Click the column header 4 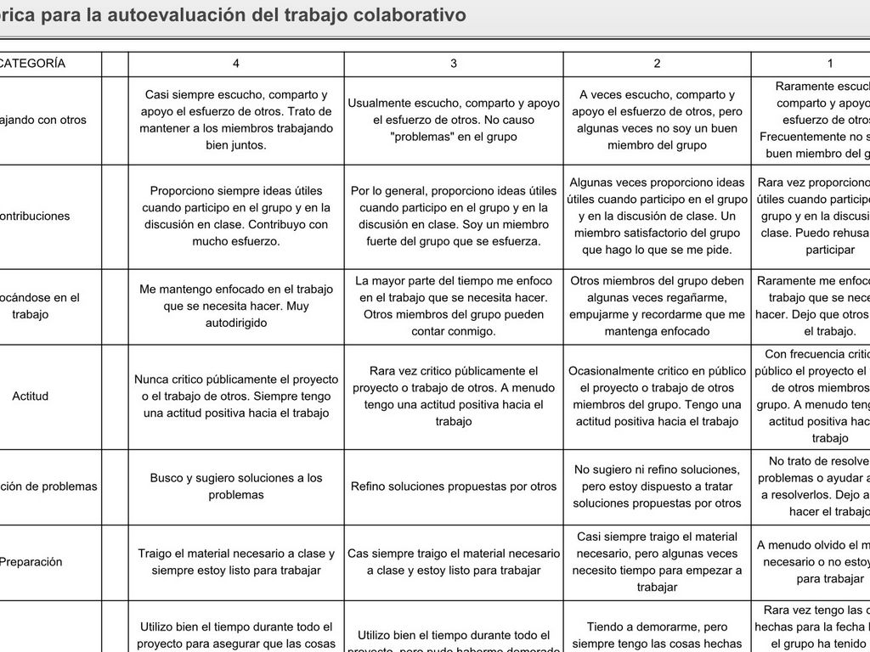pyautogui.click(x=236, y=64)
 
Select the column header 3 pyautogui.click(x=454, y=64)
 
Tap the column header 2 pyautogui.click(x=657, y=64)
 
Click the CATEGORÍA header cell pyautogui.click(x=32, y=64)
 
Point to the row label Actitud pyautogui.click(x=31, y=396)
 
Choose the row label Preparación pyautogui.click(x=31, y=562)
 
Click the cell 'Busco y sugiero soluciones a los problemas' pyautogui.click(x=236, y=486)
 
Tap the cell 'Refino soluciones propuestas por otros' pyautogui.click(x=454, y=486)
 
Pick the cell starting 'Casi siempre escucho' pyautogui.click(x=236, y=120)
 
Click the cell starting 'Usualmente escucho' pyautogui.click(x=454, y=120)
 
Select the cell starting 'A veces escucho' pyautogui.click(x=657, y=120)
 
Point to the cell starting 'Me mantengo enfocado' pyautogui.click(x=236, y=306)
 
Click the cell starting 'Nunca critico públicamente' pyautogui.click(x=236, y=396)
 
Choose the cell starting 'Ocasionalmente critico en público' pyautogui.click(x=657, y=396)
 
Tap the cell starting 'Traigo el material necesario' pyautogui.click(x=236, y=562)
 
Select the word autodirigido pyautogui.click(x=236, y=323)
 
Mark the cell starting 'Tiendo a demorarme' pyautogui.click(x=657, y=634)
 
